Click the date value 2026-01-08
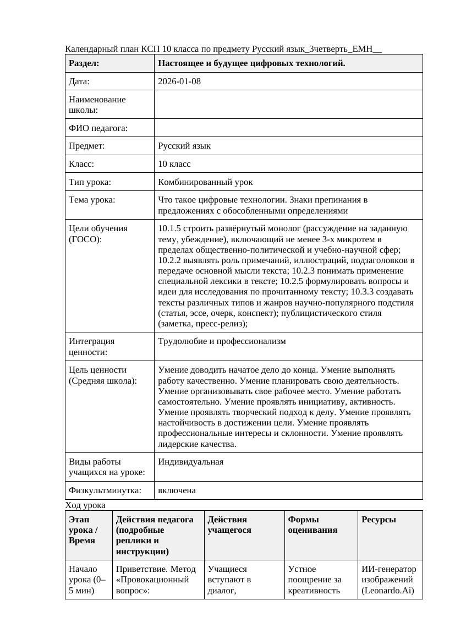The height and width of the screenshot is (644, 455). pyautogui.click(x=179, y=81)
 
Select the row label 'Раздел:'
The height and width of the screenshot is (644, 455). pyautogui.click(x=84, y=63)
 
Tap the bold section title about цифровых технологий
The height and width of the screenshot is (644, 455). pyautogui.click(x=251, y=63)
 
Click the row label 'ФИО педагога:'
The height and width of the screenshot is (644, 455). pyautogui.click(x=98, y=128)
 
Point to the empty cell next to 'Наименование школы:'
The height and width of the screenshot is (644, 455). pyautogui.click(x=288, y=105)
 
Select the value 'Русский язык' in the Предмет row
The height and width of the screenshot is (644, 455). pyautogui.click(x=184, y=146)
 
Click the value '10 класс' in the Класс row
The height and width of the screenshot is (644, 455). pyautogui.click(x=174, y=164)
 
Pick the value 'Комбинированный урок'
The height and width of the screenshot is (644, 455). pyautogui.click(x=205, y=182)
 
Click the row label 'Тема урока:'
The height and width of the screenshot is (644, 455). pyautogui.click(x=92, y=200)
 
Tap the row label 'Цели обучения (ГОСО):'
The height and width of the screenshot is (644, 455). pyautogui.click(x=98, y=234)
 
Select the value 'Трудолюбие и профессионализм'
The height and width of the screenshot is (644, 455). pyautogui.click(x=222, y=341)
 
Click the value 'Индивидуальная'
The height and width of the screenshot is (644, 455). pyautogui.click(x=190, y=462)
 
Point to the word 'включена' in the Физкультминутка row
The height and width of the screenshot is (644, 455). pyautogui.click(x=177, y=490)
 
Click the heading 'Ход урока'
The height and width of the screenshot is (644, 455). pyautogui.click(x=85, y=505)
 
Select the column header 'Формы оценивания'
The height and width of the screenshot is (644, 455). pyautogui.click(x=313, y=525)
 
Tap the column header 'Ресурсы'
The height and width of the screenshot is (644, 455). pyautogui.click(x=379, y=520)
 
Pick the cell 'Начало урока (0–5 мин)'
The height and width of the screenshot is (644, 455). pyautogui.click(x=83, y=580)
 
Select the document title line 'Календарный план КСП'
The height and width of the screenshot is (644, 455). pyautogui.click(x=223, y=49)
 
